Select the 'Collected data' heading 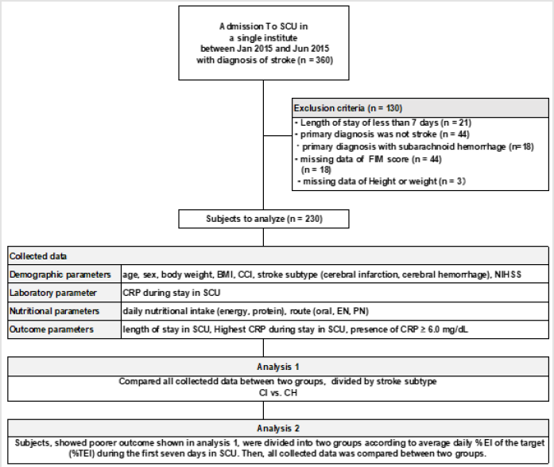pos(37,257)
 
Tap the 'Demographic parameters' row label pos(61,274)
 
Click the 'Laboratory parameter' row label pos(55,294)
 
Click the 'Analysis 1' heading pos(277,368)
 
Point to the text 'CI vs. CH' pos(277,393)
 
